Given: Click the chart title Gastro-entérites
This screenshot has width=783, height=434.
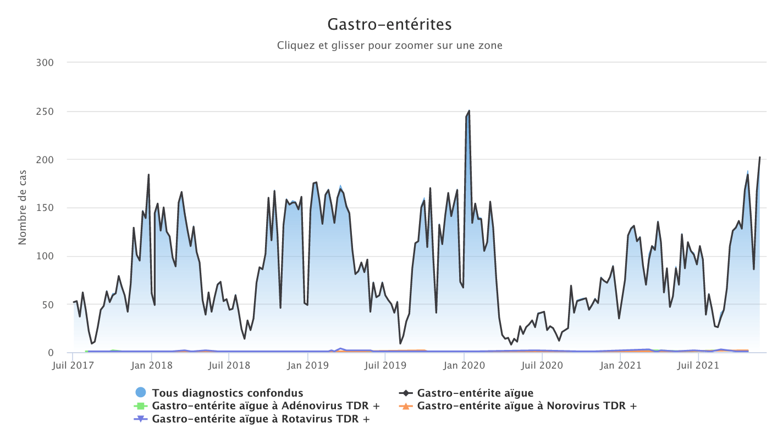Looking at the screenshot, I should tap(389, 25).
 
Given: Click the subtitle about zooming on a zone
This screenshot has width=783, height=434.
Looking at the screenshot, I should tap(389, 46).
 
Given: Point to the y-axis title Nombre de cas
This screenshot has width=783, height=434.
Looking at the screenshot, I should tap(23, 208).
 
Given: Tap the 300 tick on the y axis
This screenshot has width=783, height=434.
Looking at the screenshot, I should tap(46, 63).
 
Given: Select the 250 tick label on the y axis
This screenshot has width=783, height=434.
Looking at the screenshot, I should tap(46, 112).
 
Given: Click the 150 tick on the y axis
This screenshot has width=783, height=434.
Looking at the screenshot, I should tap(46, 208).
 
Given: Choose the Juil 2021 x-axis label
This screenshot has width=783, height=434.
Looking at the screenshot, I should tap(698, 365).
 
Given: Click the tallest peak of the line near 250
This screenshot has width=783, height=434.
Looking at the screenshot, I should tap(468, 111).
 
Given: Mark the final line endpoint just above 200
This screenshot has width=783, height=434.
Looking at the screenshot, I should tap(760, 158).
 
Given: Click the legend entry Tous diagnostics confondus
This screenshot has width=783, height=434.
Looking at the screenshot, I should tap(228, 393).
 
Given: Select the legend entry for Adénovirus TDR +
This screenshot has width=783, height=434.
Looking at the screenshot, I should tap(266, 406).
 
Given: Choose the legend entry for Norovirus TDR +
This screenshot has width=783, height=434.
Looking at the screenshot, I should tap(527, 406).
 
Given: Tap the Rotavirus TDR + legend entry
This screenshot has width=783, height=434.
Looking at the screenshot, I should tap(261, 419).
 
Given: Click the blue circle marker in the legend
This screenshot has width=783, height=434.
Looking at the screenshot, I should tap(141, 392).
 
